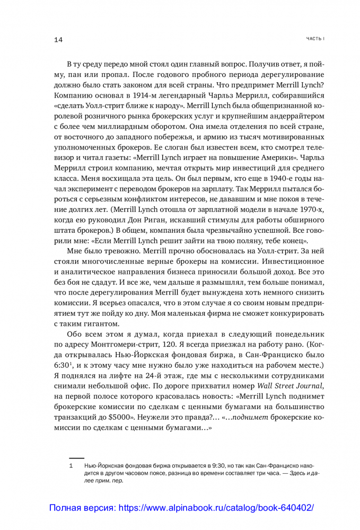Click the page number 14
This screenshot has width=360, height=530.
tap(59, 40)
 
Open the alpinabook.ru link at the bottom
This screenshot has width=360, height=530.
tap(181, 508)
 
